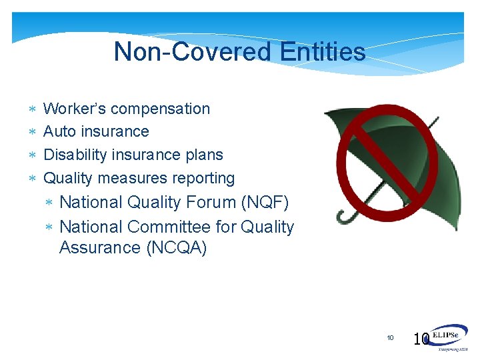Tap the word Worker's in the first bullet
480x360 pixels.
pos(72,109)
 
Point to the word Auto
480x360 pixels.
pos(59,131)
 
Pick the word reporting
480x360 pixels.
pos(203,178)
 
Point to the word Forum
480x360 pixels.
pos(213,202)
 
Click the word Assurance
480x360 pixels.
pos(96,248)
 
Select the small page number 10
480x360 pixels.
pos(391,338)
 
